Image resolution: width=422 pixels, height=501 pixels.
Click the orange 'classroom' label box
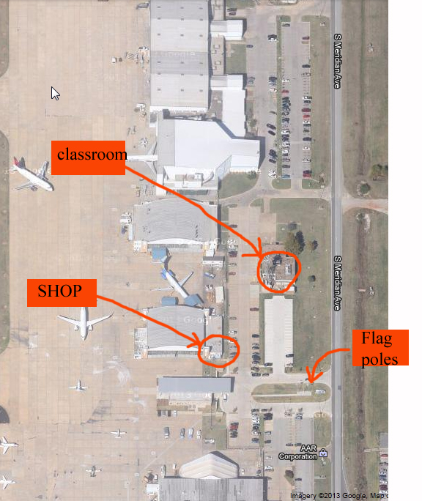click(88, 157)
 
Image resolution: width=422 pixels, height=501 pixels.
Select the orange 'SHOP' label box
click(62, 293)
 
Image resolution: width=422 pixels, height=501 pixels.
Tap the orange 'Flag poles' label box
click(380, 348)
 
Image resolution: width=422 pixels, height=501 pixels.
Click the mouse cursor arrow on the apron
click(55, 93)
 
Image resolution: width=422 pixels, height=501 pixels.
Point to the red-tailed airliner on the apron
click(33, 174)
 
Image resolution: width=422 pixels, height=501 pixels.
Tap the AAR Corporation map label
click(298, 452)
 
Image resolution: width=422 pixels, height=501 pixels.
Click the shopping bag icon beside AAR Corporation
click(323, 453)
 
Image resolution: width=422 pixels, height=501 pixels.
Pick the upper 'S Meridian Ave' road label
click(337, 61)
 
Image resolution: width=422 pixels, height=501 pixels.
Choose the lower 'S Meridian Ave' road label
click(337, 283)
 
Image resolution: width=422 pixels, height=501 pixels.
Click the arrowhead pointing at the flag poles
click(310, 376)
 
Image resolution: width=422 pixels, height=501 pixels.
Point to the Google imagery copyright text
click(339, 496)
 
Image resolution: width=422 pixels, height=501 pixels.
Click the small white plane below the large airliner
click(78, 386)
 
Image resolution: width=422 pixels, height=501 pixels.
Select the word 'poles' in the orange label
click(380, 359)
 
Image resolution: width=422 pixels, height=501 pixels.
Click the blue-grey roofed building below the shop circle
click(196, 385)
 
